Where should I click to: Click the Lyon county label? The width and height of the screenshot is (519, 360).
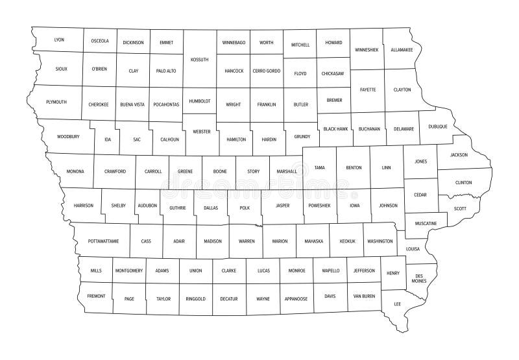59,40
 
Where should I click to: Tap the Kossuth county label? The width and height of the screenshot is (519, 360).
199,59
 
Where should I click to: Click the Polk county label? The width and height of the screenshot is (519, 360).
244,208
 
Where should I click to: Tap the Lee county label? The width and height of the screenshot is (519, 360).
396,303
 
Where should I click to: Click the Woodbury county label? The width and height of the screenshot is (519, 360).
68,137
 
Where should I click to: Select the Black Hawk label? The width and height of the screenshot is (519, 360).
336,129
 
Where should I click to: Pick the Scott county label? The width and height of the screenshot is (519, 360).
460,208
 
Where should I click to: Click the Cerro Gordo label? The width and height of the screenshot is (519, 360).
266,70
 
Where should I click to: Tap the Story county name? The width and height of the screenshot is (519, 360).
253,172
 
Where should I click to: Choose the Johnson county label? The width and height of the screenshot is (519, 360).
388,206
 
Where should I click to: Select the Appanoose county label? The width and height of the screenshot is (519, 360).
296,299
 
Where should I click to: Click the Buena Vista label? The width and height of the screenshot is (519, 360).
132,104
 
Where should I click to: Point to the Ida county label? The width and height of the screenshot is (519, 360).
108,139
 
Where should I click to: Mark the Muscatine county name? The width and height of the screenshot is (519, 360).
426,224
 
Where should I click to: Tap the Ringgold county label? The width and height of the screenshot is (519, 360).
195,299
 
